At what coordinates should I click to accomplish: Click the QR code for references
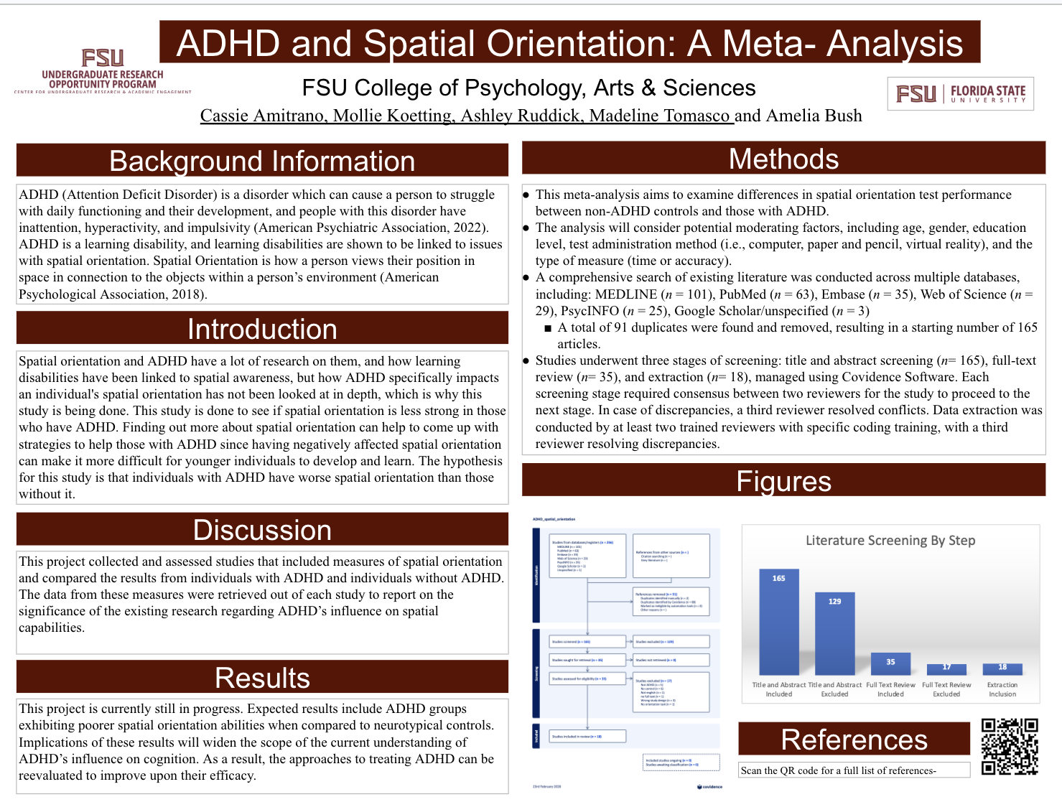1010,747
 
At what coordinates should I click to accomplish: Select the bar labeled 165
778,621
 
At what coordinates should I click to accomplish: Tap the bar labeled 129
834,633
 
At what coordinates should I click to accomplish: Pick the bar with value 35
890,663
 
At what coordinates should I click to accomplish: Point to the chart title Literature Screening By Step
890,541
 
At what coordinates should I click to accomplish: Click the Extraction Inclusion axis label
1002,689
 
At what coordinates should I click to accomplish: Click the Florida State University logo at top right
961,94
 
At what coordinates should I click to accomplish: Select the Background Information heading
262,161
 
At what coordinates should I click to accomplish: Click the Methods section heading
783,159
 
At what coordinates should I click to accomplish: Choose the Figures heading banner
783,481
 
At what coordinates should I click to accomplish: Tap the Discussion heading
262,530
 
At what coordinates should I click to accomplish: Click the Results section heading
262,678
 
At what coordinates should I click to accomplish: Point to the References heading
854,740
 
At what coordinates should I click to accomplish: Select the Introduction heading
262,329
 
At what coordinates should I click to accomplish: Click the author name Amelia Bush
814,116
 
